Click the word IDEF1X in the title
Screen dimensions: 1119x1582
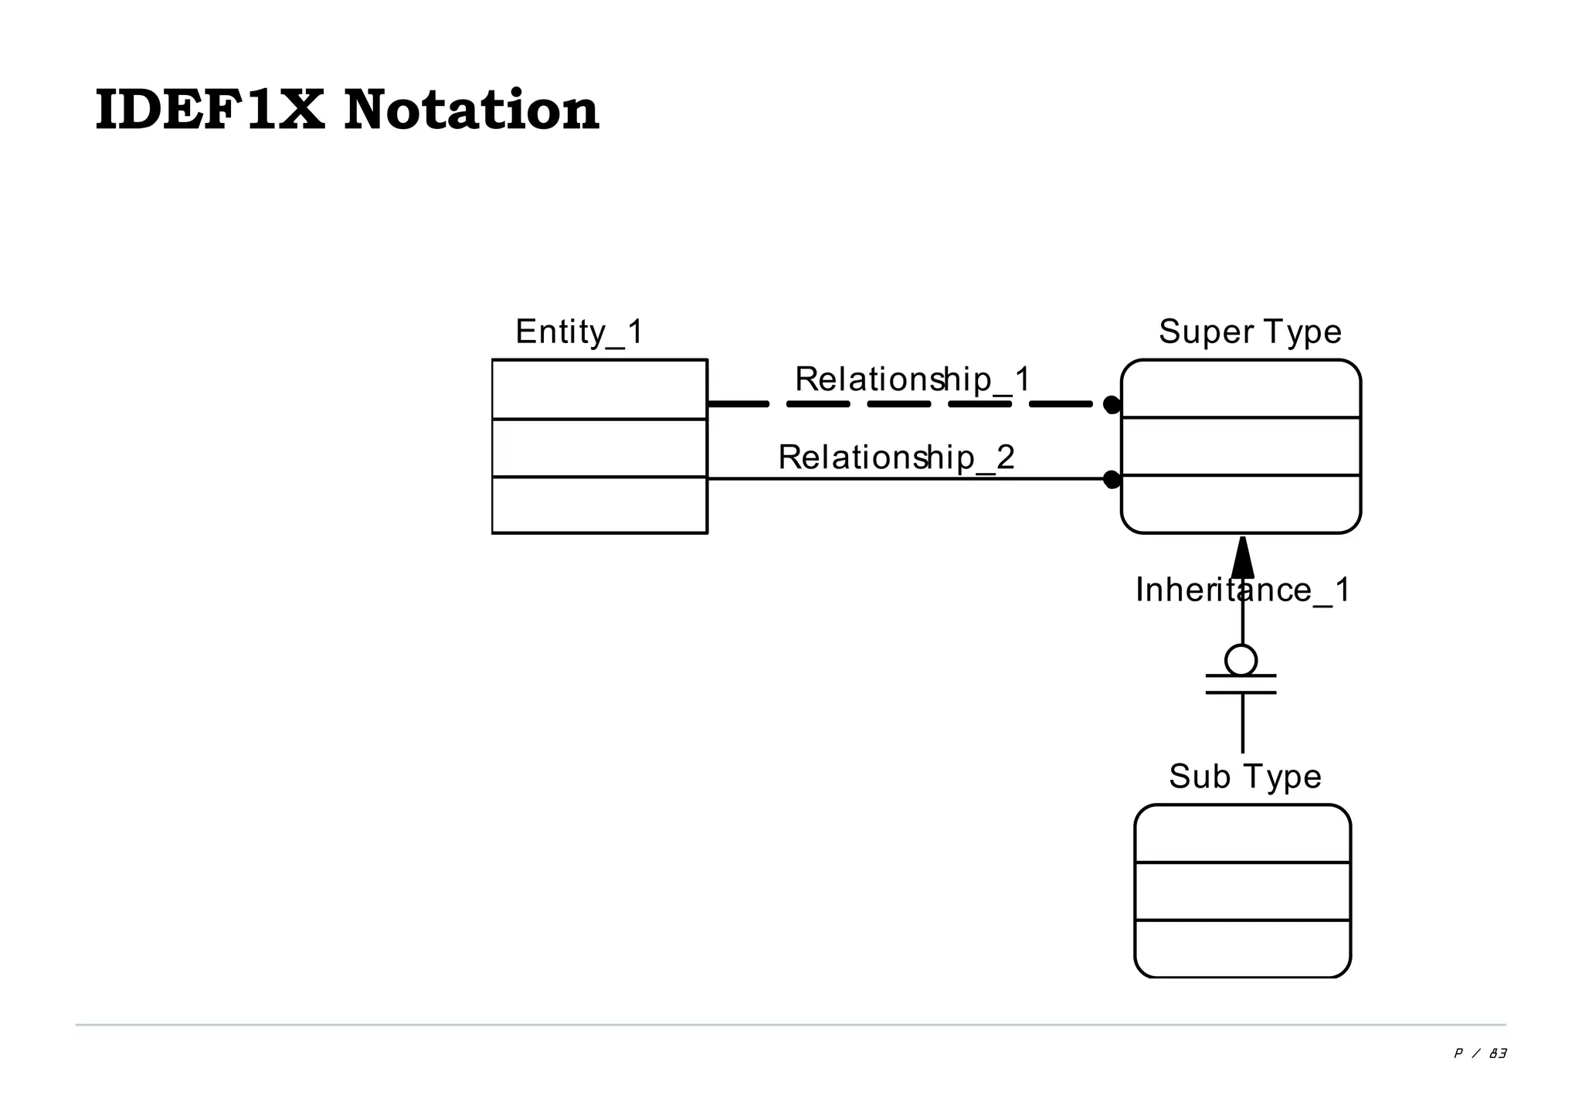click(x=209, y=111)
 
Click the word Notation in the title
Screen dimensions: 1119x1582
click(x=471, y=111)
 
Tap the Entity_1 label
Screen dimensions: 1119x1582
click(x=579, y=332)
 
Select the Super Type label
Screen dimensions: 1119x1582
click(x=1250, y=332)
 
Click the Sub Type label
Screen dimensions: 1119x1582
click(x=1244, y=777)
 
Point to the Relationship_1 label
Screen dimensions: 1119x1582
click(x=913, y=379)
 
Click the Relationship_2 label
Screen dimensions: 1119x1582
click(x=896, y=457)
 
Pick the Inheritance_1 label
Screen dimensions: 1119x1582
click(x=1242, y=590)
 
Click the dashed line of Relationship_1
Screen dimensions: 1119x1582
click(x=896, y=404)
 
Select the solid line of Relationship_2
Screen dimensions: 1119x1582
click(x=896, y=479)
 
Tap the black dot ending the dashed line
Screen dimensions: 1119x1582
click(x=1112, y=404)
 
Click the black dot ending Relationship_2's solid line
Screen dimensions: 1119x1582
click(x=1112, y=479)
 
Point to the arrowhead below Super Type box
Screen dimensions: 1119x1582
click(x=1242, y=558)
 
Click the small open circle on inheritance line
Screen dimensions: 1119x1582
click(x=1241, y=660)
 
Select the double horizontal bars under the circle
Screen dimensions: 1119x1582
click(x=1241, y=684)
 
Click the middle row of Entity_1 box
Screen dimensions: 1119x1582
click(x=599, y=448)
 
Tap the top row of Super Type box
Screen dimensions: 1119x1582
click(x=1241, y=389)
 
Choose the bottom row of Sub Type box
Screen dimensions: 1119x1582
click(x=1242, y=948)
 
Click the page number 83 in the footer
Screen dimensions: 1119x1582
click(x=1498, y=1053)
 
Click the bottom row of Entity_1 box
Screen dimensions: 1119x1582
click(x=599, y=505)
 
